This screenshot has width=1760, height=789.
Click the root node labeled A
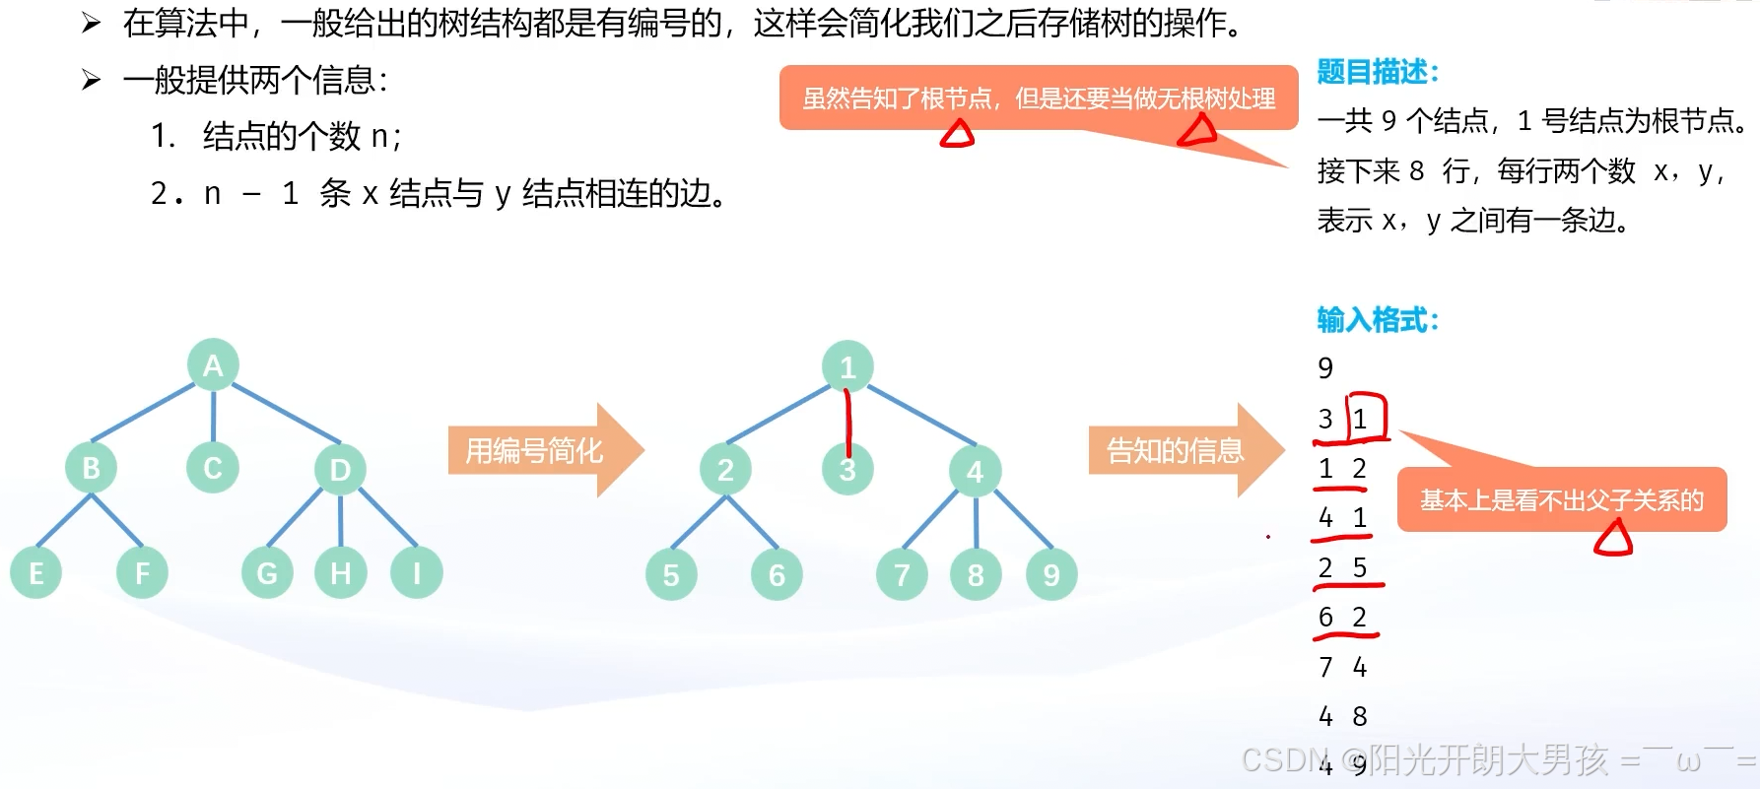coord(213,365)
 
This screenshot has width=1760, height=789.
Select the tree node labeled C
coord(213,468)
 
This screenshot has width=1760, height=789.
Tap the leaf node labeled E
coord(36,573)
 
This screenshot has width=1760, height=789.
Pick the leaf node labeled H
coord(341,573)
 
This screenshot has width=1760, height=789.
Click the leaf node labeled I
coord(417,573)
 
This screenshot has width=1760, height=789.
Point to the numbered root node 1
coord(847,367)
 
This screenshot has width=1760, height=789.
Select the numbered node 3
coord(847,471)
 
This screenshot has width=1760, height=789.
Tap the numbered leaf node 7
coord(902,575)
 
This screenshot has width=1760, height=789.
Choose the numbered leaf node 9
coord(1051,575)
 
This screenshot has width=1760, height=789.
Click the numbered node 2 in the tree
coord(726,471)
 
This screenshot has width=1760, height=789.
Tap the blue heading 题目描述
coord(1378,72)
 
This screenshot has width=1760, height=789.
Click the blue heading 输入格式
coord(1378,320)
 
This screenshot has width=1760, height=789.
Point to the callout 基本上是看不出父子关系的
coord(1561,500)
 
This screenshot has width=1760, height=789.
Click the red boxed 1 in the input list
coord(1361,419)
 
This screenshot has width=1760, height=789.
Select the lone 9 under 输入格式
coord(1325,368)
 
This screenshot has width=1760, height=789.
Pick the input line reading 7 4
coord(1342,668)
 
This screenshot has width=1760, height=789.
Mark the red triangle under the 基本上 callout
coord(1614,539)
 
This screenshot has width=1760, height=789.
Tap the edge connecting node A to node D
coord(286,413)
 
